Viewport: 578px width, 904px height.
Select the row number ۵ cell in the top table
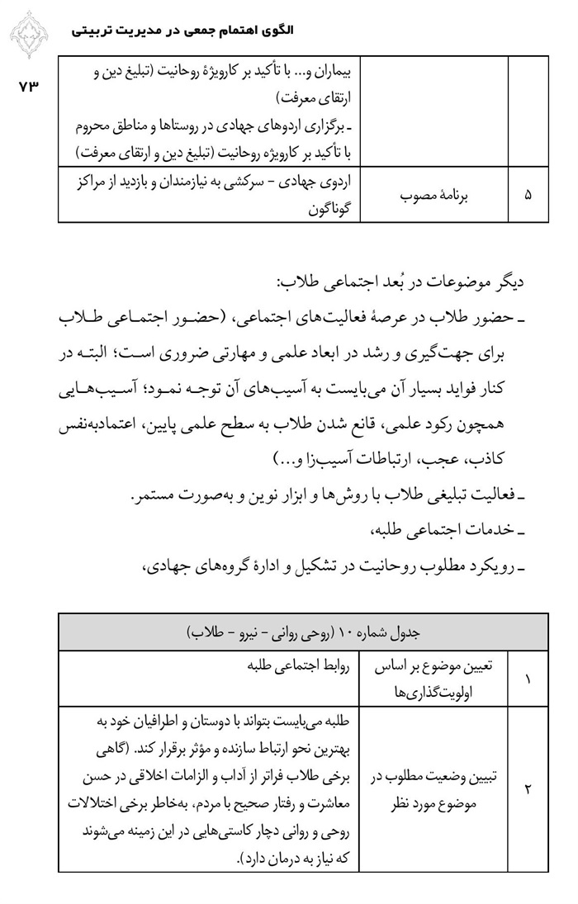click(529, 195)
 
